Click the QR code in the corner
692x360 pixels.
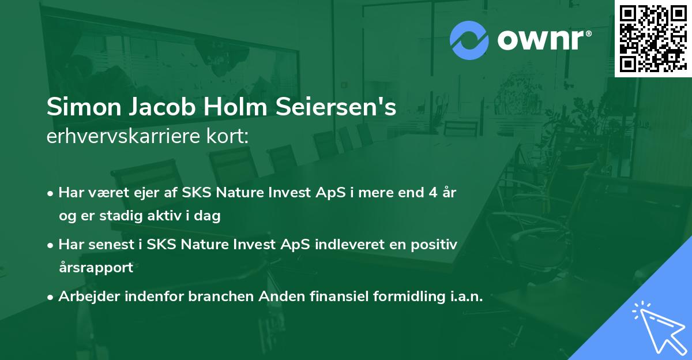point(652,37)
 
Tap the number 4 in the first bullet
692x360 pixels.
point(431,193)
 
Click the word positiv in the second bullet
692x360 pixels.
point(435,245)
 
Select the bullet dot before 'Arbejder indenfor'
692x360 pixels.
point(51,298)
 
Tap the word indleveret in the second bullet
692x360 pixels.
point(341,245)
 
